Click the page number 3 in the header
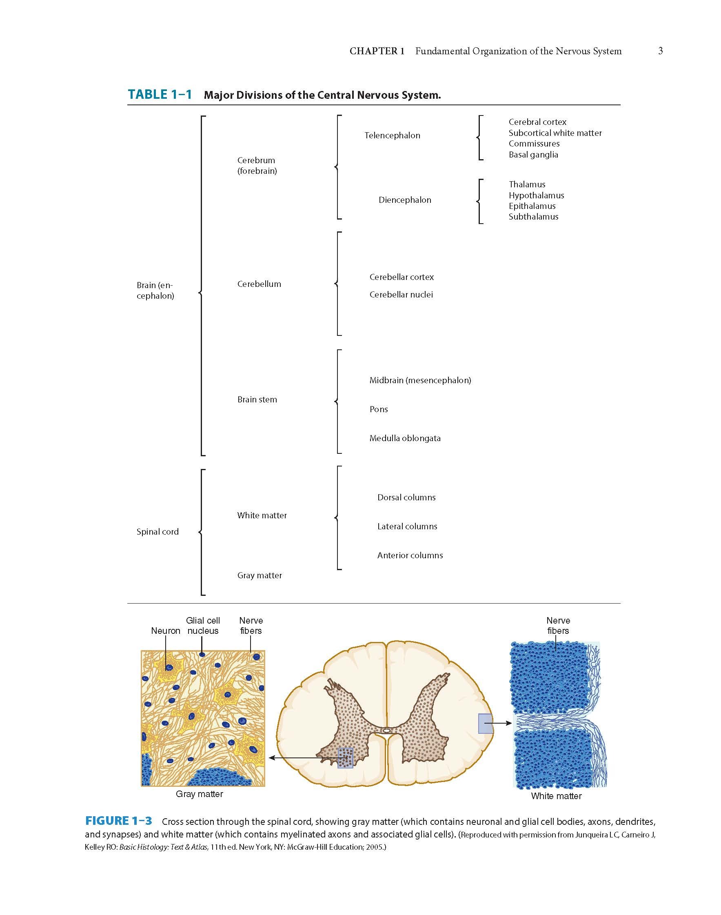[x=660, y=51]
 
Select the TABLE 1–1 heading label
[x=160, y=94]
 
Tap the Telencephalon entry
[x=392, y=135]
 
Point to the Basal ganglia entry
[x=533, y=155]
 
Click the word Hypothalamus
[x=536, y=195]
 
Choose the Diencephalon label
[x=404, y=200]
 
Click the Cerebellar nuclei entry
[x=401, y=295]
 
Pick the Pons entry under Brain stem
[x=378, y=409]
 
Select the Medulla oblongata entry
[x=404, y=438]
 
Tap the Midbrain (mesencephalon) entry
[x=419, y=380]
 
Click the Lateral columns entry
[x=407, y=526]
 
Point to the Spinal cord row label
[x=158, y=532]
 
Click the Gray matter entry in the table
[x=259, y=575]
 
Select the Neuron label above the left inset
[x=166, y=631]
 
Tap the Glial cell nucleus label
[x=203, y=625]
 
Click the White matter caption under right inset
[x=556, y=796]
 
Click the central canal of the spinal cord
[x=386, y=730]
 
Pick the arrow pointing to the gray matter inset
[x=295, y=758]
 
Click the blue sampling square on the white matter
[x=485, y=723]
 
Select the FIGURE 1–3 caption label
[x=118, y=821]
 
